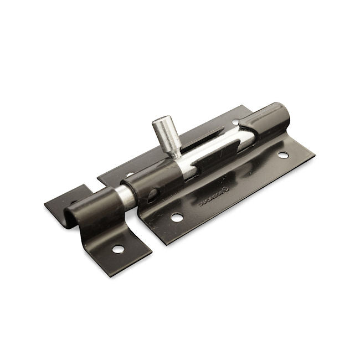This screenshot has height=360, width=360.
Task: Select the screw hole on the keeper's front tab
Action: click(118, 249)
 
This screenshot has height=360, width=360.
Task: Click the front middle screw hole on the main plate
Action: click(177, 217)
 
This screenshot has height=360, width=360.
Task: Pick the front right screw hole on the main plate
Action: click(283, 156)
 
